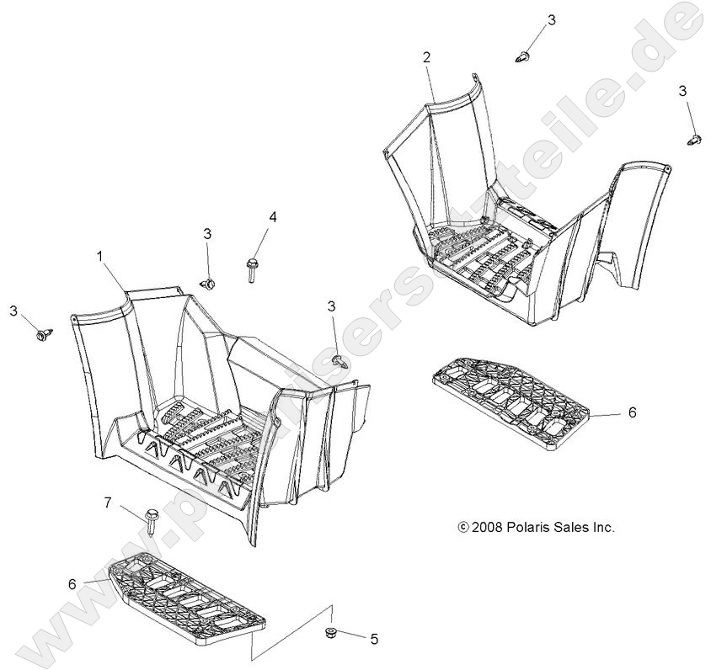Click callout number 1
(100, 257)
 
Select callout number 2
(426, 57)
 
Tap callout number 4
(272, 217)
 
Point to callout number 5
(374, 639)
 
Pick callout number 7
(108, 502)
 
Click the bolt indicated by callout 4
(251, 270)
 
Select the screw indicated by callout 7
(152, 521)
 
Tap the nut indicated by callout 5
(330, 632)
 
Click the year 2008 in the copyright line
(487, 527)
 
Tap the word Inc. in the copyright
(603, 527)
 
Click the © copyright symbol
(463, 527)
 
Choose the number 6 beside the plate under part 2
(632, 412)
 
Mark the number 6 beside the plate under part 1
(72, 584)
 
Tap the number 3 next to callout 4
(207, 234)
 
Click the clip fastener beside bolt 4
(208, 284)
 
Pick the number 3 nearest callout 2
(552, 20)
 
